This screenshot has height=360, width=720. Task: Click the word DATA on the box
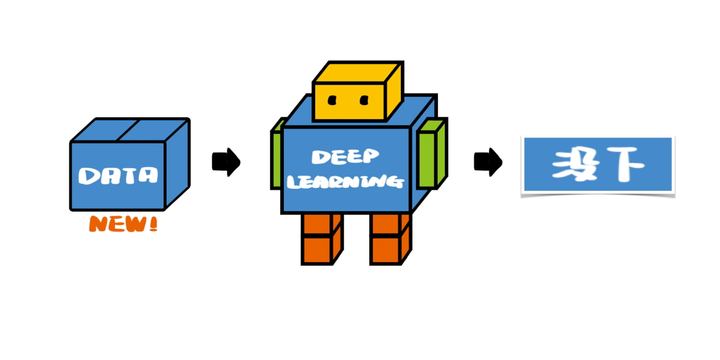118,176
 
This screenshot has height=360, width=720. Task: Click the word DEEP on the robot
345,157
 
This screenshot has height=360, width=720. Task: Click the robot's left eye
332,100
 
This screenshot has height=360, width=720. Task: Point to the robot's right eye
364,100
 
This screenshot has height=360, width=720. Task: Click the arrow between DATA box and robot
226,162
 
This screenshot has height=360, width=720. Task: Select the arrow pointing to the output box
488,162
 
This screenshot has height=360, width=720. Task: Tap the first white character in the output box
569,164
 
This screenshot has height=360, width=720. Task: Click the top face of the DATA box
130,130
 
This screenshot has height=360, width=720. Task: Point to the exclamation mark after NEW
153,224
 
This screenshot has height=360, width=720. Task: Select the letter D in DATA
89,176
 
